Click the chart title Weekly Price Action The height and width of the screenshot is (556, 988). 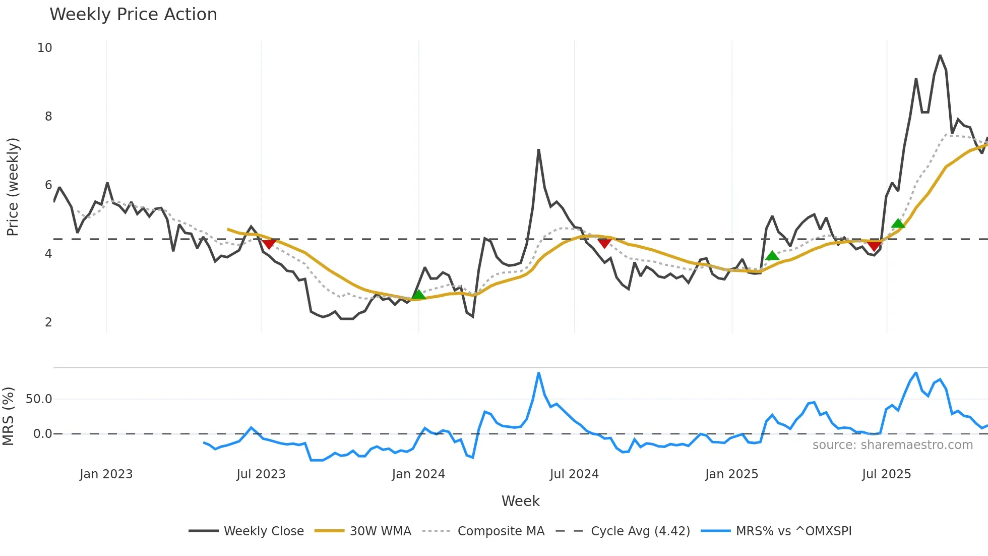coord(133,15)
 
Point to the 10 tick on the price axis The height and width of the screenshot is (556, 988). coord(45,48)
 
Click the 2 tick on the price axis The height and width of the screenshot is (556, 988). coord(48,322)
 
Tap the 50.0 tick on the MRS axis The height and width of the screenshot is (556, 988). coord(39,399)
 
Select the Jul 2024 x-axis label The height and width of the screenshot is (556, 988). coord(574,474)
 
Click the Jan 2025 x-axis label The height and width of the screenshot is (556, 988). coord(731,474)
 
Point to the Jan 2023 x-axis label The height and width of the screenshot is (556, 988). coord(106,474)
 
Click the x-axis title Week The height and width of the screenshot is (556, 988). coord(520,501)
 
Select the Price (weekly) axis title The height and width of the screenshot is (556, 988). coord(13,187)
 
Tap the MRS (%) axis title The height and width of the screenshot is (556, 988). coord(9,416)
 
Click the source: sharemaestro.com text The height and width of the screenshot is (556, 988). coord(892,445)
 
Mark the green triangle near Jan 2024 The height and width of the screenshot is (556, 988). coord(418,295)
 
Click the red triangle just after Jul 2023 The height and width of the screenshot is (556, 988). coord(269,244)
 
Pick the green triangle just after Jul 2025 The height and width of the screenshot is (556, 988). coord(898,224)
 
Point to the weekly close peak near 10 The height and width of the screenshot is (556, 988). coord(940,55)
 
